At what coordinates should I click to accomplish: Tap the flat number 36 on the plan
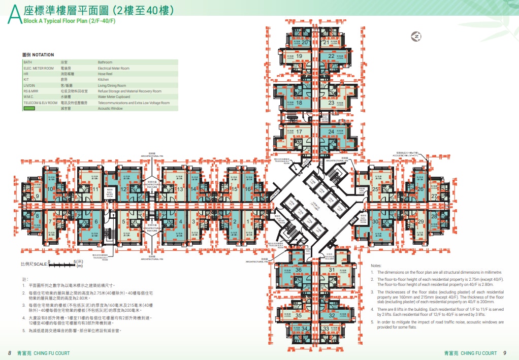point(299,270)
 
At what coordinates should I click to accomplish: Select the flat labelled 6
point(96,222)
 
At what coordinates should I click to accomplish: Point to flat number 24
point(331,132)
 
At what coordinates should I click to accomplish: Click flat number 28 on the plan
point(434,216)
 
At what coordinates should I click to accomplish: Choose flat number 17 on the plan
point(300,132)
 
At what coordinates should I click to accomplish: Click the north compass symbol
point(416,37)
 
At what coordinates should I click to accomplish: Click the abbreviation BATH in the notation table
point(28,62)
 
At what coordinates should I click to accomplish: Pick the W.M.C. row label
point(29,96)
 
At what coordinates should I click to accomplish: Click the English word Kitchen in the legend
point(104,80)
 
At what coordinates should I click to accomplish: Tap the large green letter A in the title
point(15,15)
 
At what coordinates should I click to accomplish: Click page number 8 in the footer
point(9,353)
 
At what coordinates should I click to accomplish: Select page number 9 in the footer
point(504,353)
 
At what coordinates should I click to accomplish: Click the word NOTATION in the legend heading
point(44,55)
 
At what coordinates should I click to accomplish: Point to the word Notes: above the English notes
point(376,266)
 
